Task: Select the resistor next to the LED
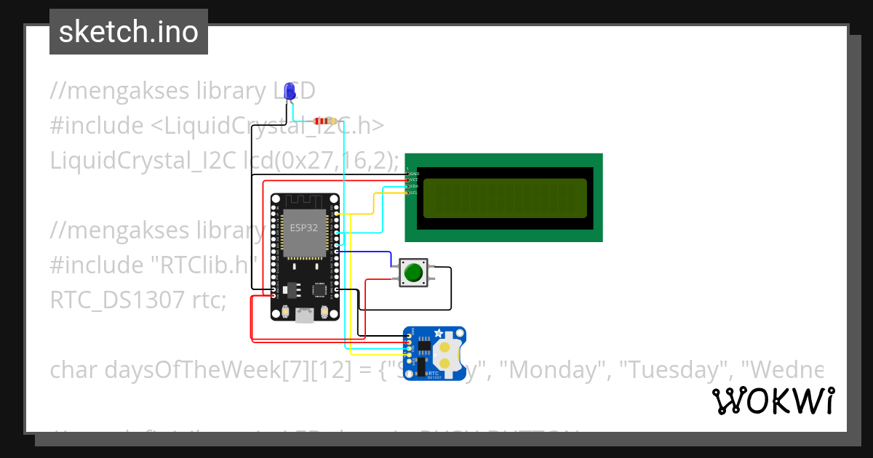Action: tap(322, 121)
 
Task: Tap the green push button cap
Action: tap(413, 273)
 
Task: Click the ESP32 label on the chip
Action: tap(304, 226)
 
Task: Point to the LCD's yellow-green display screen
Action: tap(504, 198)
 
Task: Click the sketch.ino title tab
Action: tap(129, 32)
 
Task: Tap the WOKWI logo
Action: tap(773, 401)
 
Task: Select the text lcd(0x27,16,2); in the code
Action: tap(320, 160)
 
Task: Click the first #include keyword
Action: tap(97, 126)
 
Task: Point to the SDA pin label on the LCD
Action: tap(413, 186)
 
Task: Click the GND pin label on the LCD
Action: tap(414, 174)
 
